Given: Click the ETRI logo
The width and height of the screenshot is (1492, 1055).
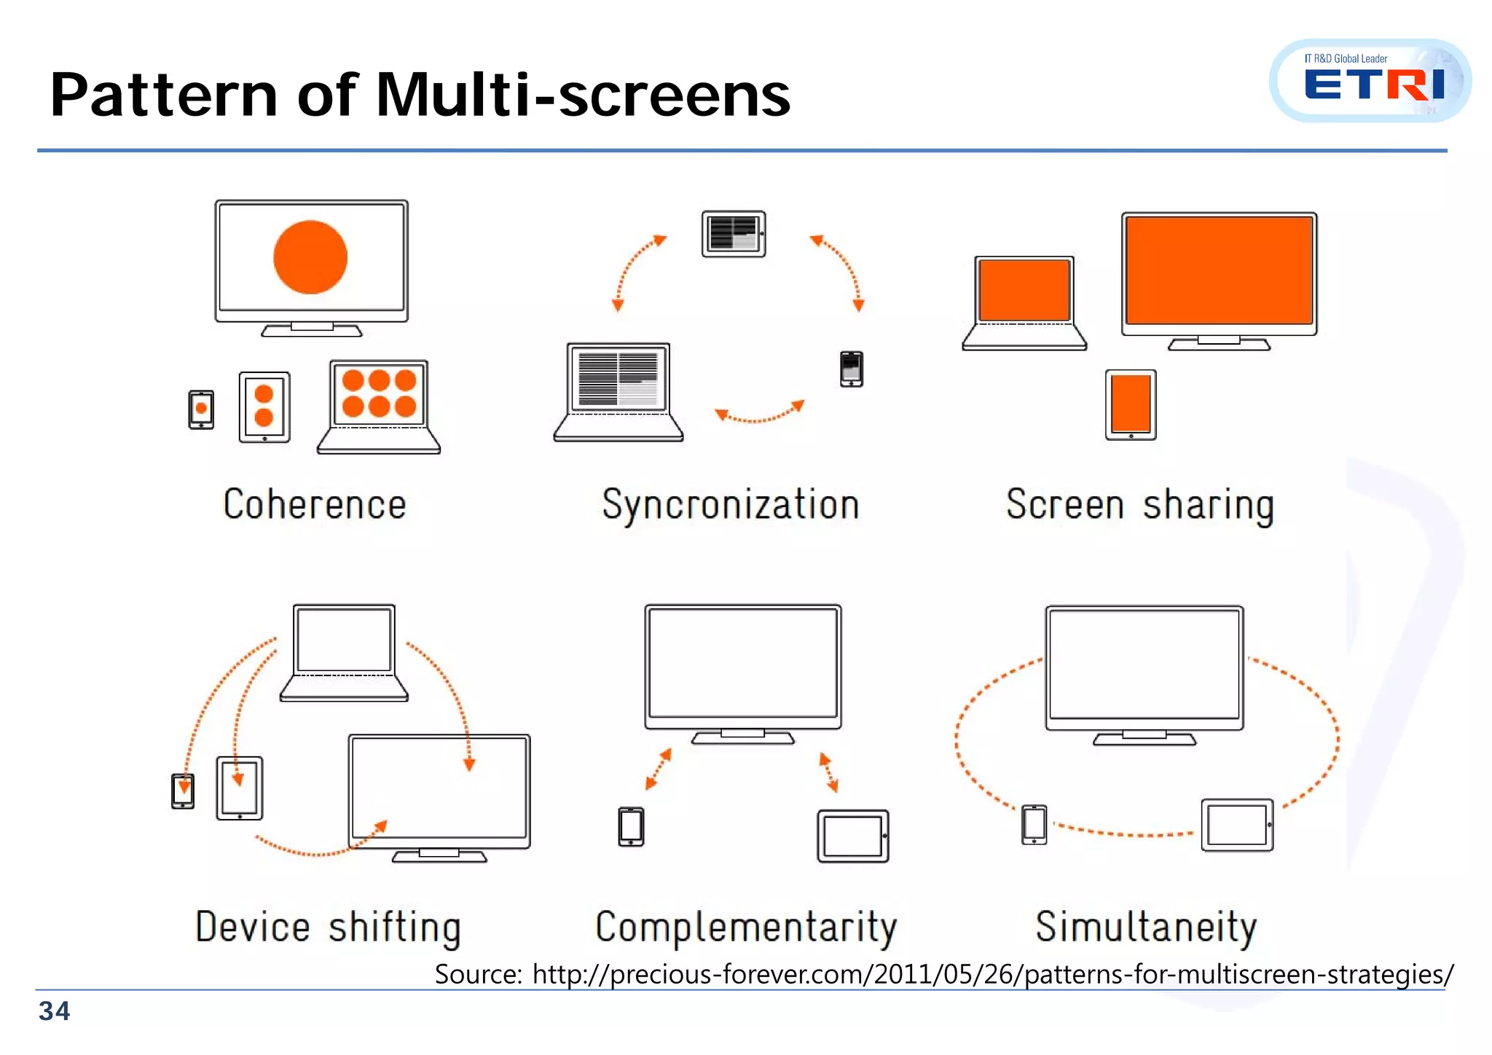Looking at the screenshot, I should [x=1373, y=82].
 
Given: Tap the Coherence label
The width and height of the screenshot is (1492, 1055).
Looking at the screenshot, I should [x=315, y=504].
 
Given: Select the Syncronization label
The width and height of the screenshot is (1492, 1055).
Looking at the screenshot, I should [x=731, y=504].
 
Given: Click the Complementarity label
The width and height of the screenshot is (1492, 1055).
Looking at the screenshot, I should [x=746, y=927].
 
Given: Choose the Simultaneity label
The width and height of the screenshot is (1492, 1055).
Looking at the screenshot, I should [x=1146, y=927].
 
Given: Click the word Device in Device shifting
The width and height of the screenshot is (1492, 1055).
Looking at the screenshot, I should [x=253, y=927].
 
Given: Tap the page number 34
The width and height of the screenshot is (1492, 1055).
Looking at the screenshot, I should [x=54, y=1011].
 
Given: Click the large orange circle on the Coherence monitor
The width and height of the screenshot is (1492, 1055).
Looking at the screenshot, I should [x=310, y=257].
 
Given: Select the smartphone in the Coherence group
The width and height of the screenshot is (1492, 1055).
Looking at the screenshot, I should [x=201, y=409].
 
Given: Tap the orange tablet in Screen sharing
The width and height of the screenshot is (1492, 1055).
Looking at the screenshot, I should [x=1131, y=404].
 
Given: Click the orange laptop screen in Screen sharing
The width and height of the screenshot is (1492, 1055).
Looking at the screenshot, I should [x=1024, y=290].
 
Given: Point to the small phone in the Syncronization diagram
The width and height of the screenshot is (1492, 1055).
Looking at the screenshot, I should [x=851, y=369].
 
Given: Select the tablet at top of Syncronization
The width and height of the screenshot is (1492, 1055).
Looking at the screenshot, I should [x=734, y=234].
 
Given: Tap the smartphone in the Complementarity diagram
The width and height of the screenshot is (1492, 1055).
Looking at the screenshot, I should [x=631, y=826].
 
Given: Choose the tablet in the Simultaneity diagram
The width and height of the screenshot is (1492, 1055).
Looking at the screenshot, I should [x=1237, y=825].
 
